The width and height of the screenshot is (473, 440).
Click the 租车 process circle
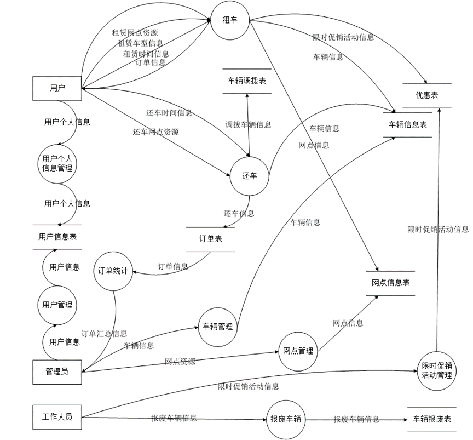[x=229, y=20]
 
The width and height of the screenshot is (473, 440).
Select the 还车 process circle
[x=250, y=176]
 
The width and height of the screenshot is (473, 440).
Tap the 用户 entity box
[x=57, y=88]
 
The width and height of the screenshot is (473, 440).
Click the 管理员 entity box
[x=57, y=372]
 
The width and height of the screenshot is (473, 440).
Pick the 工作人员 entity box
[x=57, y=416]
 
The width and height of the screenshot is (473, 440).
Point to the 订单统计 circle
[x=113, y=271]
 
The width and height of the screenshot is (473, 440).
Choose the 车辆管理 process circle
[x=218, y=327]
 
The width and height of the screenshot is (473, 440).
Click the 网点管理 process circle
[x=298, y=351]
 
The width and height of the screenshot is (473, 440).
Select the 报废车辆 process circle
[x=285, y=420]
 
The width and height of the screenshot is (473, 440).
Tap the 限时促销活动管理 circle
[x=436, y=370]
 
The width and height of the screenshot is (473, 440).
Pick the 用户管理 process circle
[x=57, y=305]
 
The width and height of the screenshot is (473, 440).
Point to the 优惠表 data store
[x=426, y=95]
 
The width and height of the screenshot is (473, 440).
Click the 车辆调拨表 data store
[x=247, y=81]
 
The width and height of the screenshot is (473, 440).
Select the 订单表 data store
[x=210, y=239]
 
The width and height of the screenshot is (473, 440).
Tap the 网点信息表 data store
[x=390, y=283]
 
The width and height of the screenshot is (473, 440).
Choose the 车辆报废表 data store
[x=432, y=419]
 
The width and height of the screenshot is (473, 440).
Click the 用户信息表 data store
[x=57, y=237]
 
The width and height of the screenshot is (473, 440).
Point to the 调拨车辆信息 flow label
[x=249, y=124]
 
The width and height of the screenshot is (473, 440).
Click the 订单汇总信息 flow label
[x=104, y=333]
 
